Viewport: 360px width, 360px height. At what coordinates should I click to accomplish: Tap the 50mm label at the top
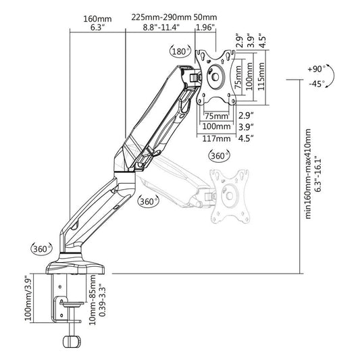(x=205, y=17)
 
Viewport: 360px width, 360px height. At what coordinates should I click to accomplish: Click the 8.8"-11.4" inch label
(x=161, y=28)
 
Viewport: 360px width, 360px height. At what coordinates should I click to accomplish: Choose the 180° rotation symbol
(x=178, y=51)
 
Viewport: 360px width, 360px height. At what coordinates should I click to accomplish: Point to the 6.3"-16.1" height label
(x=318, y=174)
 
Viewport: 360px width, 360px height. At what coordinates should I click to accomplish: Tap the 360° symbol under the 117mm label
(x=217, y=155)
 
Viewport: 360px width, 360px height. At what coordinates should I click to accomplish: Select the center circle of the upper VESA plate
(x=217, y=76)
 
